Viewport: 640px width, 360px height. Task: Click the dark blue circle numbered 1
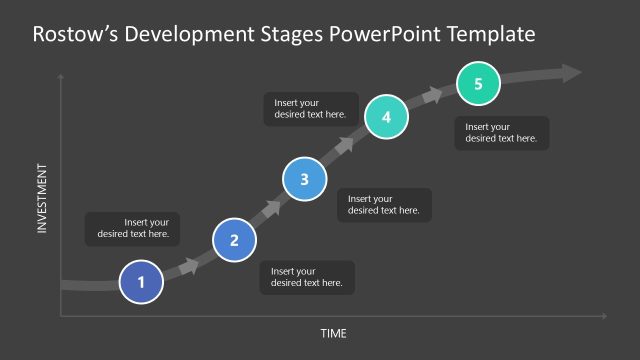click(141, 282)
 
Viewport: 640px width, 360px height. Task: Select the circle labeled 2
click(235, 240)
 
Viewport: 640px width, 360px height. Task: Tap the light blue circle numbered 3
click(304, 179)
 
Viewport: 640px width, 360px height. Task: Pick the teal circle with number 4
click(385, 117)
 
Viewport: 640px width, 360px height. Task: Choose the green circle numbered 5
click(479, 84)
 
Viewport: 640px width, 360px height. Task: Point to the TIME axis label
click(333, 333)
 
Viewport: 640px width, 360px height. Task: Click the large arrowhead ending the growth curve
click(571, 72)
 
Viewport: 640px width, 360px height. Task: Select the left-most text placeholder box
click(132, 229)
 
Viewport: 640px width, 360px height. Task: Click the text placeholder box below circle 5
click(501, 133)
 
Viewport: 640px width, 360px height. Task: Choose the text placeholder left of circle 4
click(311, 109)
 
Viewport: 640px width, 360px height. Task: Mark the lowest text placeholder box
click(307, 277)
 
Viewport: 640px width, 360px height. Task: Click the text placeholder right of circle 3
click(384, 205)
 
